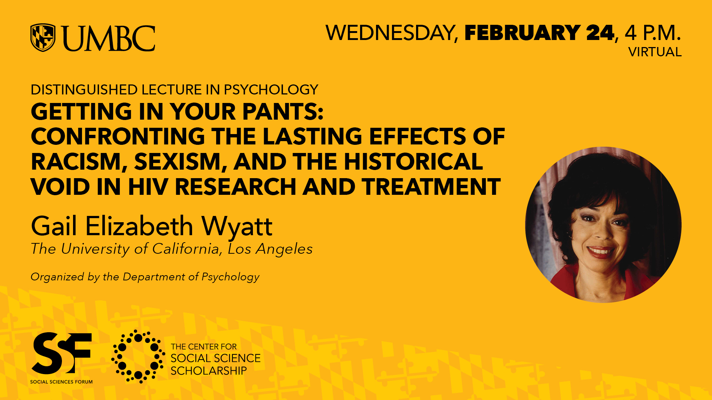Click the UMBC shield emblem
pos(43,37)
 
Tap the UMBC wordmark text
pos(108,39)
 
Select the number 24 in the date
pos(600,33)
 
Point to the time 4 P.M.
pos(653,33)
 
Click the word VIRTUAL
pos(655,52)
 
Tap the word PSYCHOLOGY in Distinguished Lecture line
pos(271,90)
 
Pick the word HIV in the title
pos(148,187)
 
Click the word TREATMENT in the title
pos(431,187)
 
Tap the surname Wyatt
pos(237,226)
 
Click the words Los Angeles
pos(270,249)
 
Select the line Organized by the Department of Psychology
pos(145,277)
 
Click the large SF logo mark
pos(62,353)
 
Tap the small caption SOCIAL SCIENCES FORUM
pos(62,382)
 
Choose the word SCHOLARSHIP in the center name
pos(209,371)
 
